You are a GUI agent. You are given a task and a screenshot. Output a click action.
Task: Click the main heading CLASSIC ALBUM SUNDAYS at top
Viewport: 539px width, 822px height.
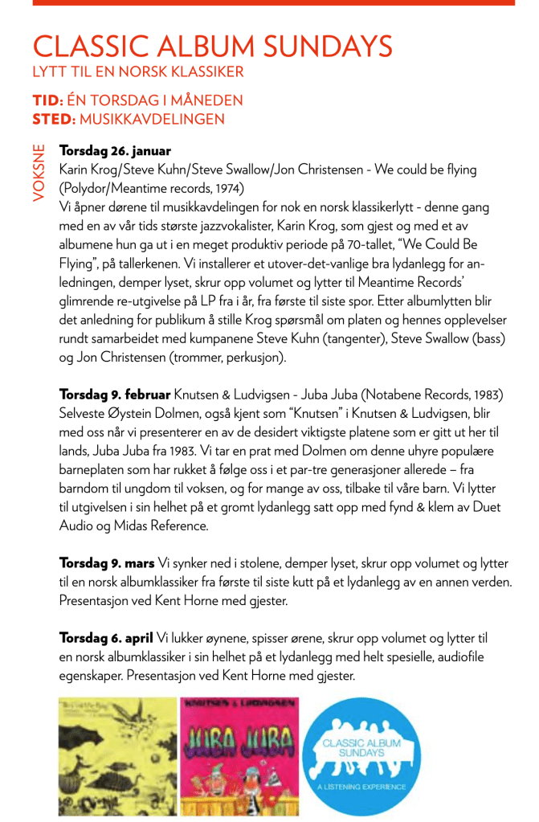tap(213, 47)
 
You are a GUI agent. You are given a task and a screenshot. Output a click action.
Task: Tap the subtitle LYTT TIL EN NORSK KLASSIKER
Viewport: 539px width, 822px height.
tap(137, 72)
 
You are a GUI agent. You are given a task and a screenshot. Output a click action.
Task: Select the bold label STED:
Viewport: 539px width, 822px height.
tap(54, 120)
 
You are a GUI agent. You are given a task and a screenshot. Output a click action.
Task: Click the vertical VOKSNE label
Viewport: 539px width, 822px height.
tap(39, 172)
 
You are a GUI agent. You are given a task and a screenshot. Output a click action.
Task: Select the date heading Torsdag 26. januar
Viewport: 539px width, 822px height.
tap(115, 151)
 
